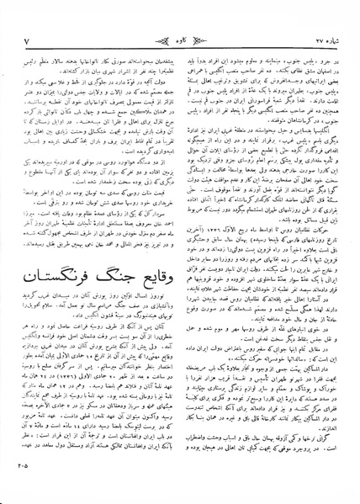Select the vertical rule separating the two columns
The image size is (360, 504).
coord(179,252)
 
